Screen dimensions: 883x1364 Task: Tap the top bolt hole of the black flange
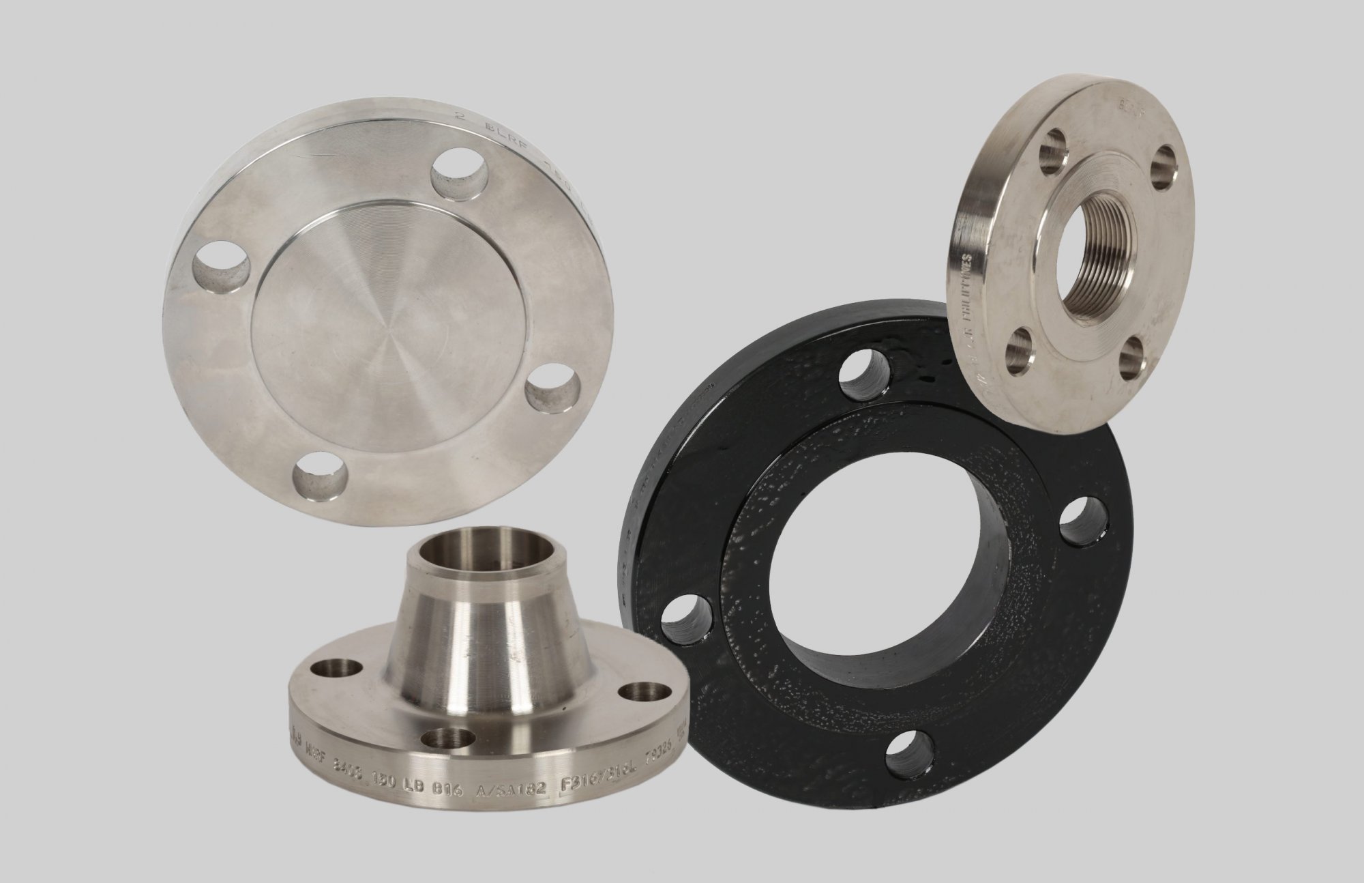pos(861,376)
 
